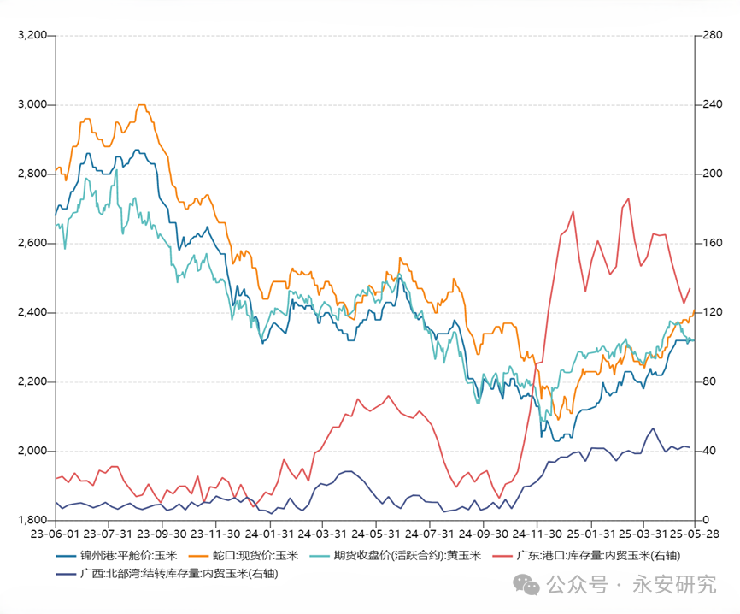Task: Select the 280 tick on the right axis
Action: (x=711, y=36)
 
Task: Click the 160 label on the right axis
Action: (x=711, y=244)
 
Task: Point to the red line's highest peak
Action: (x=629, y=198)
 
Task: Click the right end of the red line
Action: (x=690, y=288)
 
